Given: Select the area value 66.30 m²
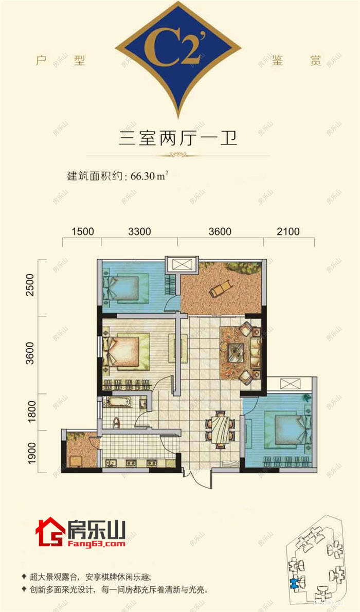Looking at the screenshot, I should coord(150,175).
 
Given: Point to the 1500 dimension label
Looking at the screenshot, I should coord(83,231).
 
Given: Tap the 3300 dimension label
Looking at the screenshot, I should coord(139,231).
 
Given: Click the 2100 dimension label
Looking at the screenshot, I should coord(288,231).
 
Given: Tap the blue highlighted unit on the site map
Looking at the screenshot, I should coord(294,583).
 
